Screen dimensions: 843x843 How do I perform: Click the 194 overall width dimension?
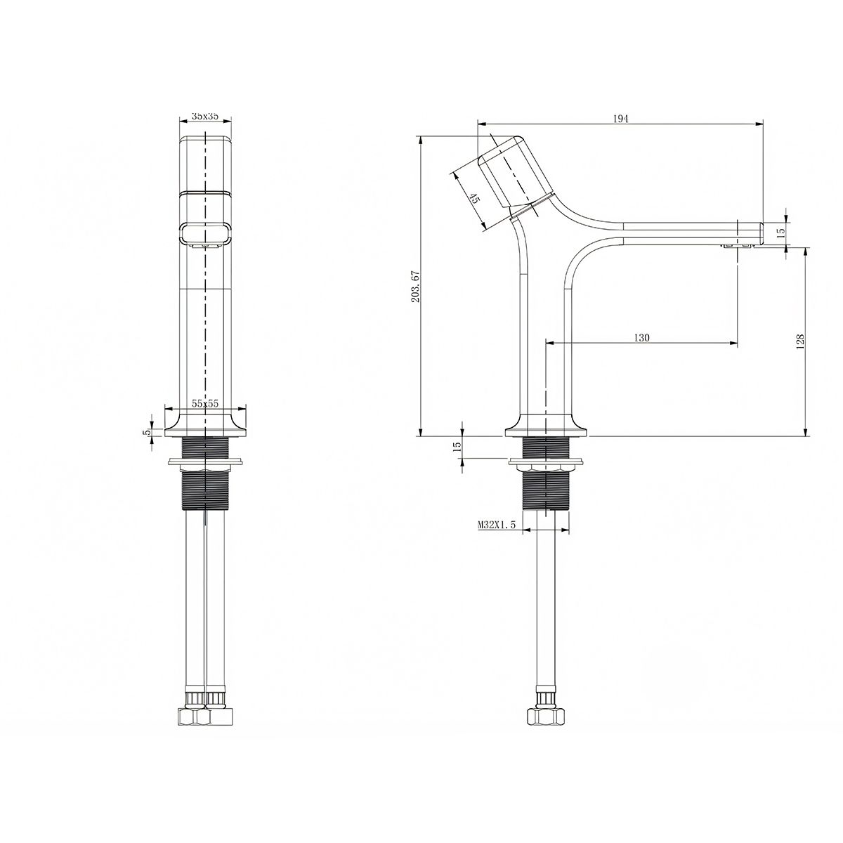pos(620,119)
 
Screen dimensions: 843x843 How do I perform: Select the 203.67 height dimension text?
pos(416,287)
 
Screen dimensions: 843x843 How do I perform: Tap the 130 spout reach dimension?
pos(642,337)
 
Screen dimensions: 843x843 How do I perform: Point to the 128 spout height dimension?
pos(801,341)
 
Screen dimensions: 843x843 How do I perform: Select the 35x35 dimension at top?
pos(205,117)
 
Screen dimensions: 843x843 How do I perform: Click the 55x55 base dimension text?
pos(205,403)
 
